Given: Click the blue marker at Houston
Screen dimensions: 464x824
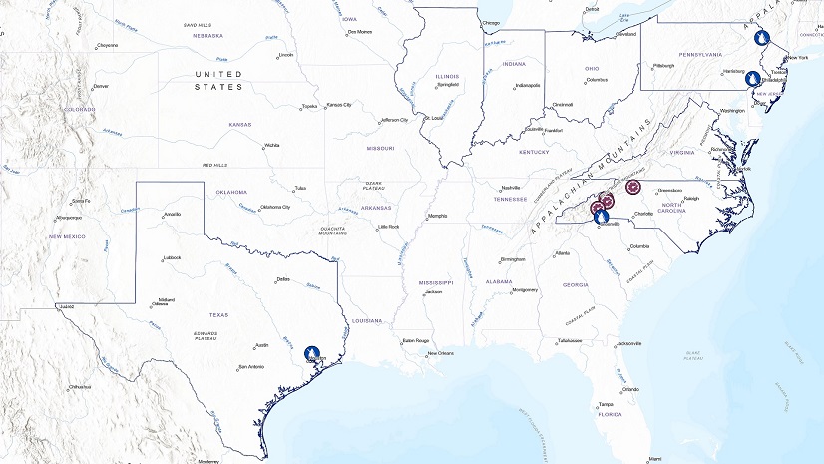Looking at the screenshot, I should click(x=312, y=353).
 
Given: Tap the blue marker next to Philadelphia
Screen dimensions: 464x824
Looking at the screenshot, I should click(x=754, y=79).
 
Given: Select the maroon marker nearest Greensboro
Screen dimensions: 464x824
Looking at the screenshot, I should click(x=632, y=187).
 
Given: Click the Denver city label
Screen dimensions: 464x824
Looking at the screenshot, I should click(x=101, y=86).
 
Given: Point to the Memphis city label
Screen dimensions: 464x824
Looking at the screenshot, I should click(x=438, y=216).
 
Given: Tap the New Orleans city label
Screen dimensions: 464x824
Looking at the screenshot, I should click(x=441, y=353).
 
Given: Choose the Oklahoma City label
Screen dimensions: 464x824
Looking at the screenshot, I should click(x=274, y=207).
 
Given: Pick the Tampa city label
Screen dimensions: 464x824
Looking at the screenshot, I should click(x=606, y=404).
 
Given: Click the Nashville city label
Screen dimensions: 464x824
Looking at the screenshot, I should click(x=511, y=188).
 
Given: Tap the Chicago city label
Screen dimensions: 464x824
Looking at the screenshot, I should click(x=491, y=22).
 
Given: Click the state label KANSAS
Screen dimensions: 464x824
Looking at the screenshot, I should click(x=240, y=125).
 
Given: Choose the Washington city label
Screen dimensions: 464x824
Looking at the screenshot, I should click(x=732, y=110).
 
